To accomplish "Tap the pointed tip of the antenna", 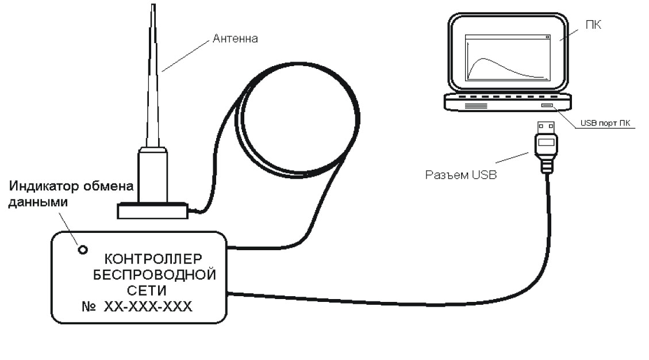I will [x=152, y=7].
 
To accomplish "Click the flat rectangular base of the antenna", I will [x=152, y=210].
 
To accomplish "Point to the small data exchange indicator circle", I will [x=83, y=250].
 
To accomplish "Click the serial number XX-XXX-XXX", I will [x=148, y=308].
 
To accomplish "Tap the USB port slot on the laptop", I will [x=546, y=106].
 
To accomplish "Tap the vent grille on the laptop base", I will [x=475, y=106].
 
